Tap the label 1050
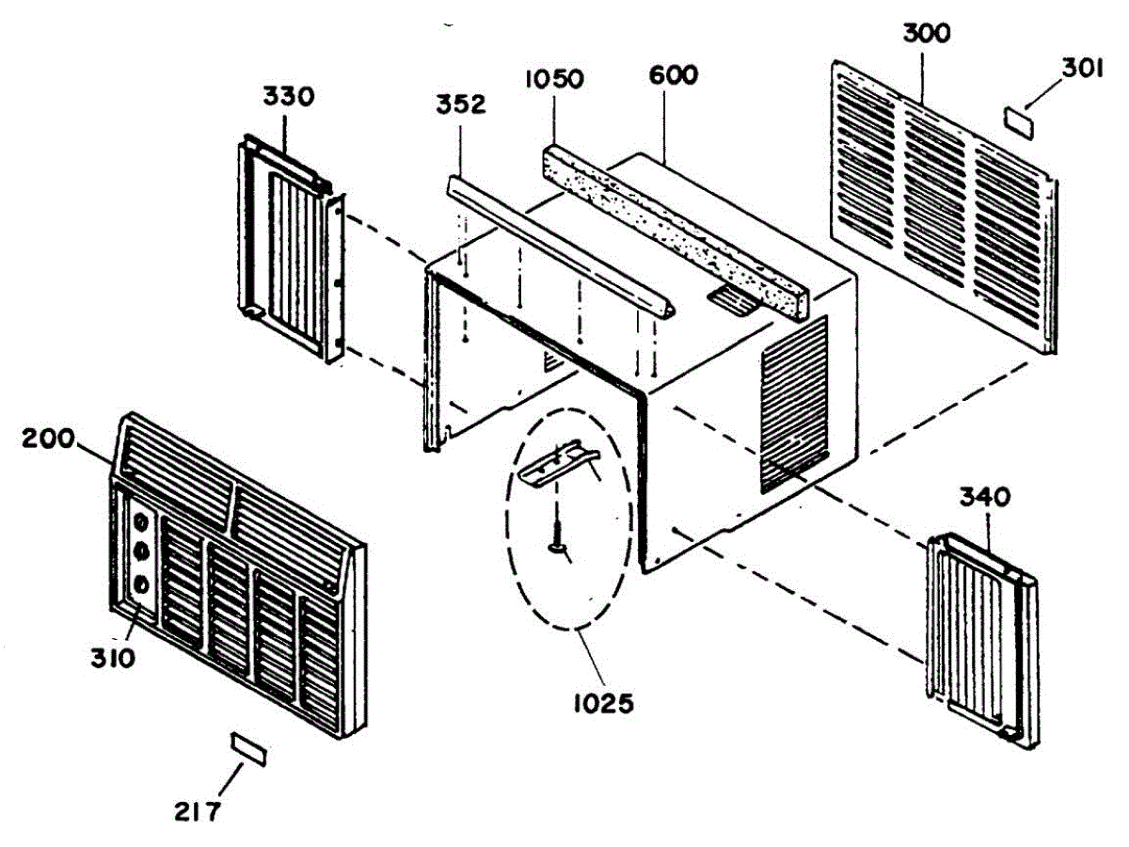coord(554,78)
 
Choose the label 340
coord(984,497)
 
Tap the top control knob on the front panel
coord(142,521)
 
